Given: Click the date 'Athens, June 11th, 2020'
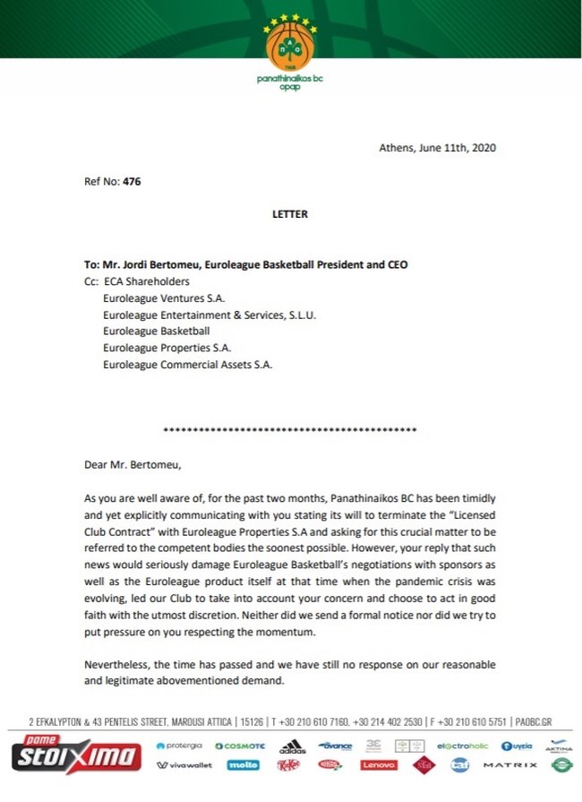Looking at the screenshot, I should tap(438, 148).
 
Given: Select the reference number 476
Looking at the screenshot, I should tap(132, 181).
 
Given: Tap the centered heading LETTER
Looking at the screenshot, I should tap(289, 214).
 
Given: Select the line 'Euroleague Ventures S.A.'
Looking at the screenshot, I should tap(163, 298).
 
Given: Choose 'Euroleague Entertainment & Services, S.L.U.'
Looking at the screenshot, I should tap(210, 315).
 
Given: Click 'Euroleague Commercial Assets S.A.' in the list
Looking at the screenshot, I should tap(187, 365).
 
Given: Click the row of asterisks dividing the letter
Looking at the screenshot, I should tap(289, 431).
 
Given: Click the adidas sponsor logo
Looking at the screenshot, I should tap(292, 746).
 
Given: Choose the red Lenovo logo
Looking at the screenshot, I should tap(378, 765).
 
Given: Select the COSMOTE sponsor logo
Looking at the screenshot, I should tap(239, 746).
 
